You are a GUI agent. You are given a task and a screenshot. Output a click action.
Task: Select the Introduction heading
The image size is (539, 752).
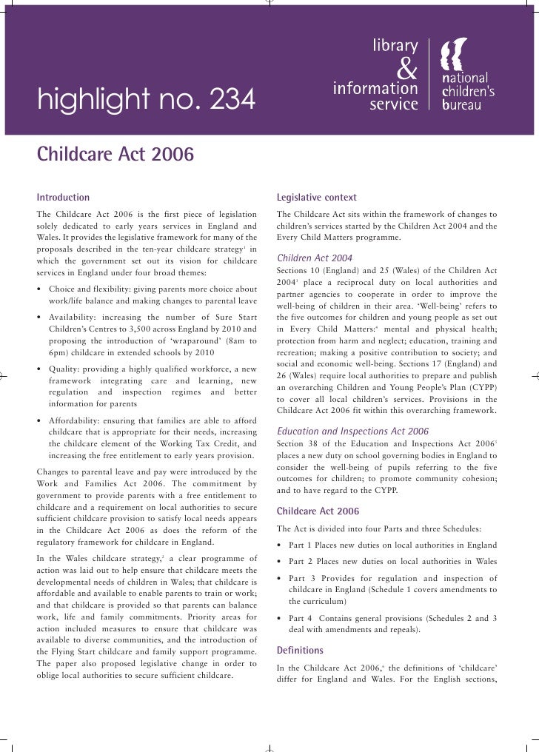point(63,198)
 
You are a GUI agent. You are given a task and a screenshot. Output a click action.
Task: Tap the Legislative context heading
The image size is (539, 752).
point(316,198)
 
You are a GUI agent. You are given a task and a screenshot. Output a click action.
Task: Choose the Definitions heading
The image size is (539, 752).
point(299,651)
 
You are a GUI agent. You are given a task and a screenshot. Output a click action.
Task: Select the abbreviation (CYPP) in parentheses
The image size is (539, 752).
point(481,388)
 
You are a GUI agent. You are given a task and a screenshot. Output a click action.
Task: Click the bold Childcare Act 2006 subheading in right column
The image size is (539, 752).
point(317,511)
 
